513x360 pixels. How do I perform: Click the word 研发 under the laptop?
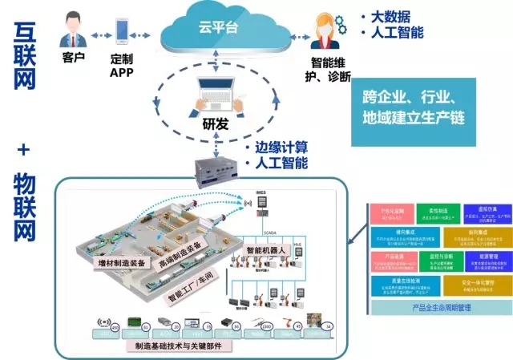coord(215,124)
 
